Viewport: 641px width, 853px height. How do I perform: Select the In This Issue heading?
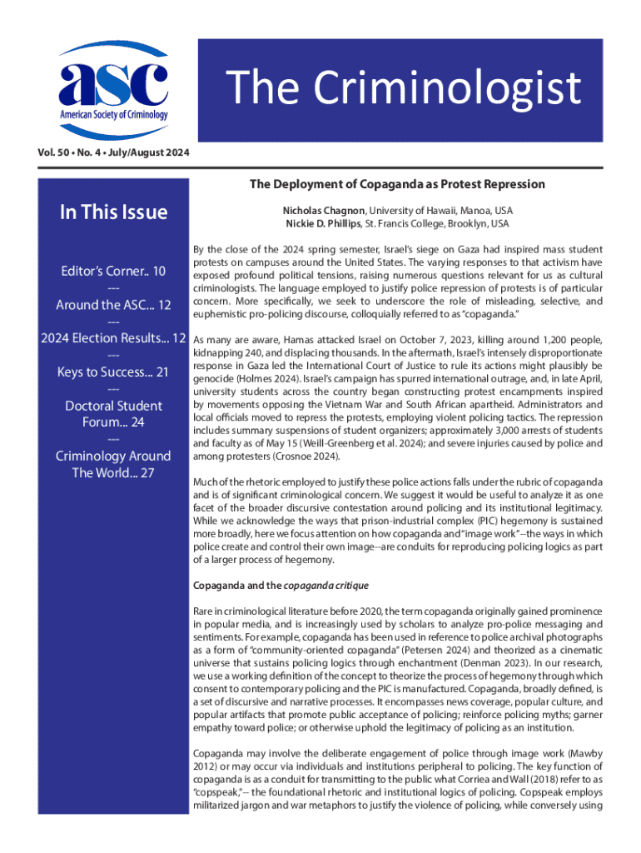tap(113, 212)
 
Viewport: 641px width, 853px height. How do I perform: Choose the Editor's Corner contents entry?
tap(113, 272)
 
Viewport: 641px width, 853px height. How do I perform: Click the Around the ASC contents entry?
tap(113, 305)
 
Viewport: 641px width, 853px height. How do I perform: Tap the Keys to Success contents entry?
tap(113, 372)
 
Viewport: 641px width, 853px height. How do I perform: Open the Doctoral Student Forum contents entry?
tap(113, 414)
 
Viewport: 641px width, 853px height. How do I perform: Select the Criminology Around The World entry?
tap(113, 465)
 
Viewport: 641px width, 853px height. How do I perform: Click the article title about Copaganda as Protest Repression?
tap(398, 184)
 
